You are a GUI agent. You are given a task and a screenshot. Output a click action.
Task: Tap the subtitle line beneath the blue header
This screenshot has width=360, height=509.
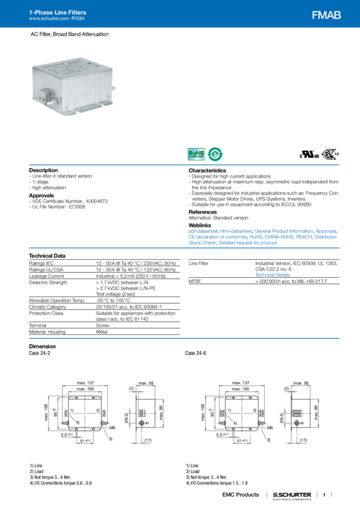click(69, 35)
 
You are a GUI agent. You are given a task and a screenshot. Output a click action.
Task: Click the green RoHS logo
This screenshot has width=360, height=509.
click(196, 154)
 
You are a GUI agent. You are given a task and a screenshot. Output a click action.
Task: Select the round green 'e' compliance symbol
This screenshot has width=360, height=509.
click(214, 154)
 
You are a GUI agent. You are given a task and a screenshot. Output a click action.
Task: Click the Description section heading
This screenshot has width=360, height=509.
click(43, 170)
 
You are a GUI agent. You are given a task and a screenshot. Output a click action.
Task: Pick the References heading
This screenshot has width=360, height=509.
click(202, 211)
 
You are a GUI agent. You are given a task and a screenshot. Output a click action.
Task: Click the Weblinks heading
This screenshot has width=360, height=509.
click(200, 223)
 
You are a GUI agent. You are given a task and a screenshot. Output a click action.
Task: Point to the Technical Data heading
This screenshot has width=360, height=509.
click(49, 255)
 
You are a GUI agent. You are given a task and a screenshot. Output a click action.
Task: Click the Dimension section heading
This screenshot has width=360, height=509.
click(43, 346)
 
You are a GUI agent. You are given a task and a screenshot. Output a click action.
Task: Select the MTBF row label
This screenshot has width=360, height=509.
click(194, 279)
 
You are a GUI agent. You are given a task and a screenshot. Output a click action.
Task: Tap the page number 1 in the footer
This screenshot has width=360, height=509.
click(323, 495)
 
